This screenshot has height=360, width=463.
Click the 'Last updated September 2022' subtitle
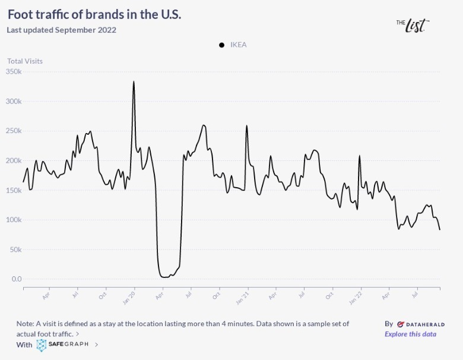coord(61,30)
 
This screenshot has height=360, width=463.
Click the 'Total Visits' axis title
coord(25,61)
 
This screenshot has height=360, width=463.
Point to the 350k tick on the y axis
coord(13,72)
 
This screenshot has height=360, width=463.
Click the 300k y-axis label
coord(13,102)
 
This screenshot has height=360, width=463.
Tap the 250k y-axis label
coord(13,131)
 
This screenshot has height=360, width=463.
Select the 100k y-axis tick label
coord(13,220)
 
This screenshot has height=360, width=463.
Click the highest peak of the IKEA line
coord(134,81)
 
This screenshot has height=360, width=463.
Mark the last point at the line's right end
coord(440,229)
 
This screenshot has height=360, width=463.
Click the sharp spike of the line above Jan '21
coord(246,126)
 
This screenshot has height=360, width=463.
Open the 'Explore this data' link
coord(410,334)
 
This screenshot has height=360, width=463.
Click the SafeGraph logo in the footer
coord(62,345)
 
